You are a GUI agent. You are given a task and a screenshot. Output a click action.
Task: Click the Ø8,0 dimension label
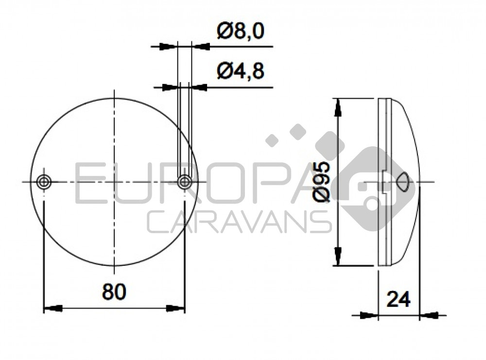tap(241, 32)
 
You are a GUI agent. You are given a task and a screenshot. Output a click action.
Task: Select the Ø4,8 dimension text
tap(241, 71)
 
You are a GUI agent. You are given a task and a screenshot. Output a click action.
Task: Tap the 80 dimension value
tap(114, 292)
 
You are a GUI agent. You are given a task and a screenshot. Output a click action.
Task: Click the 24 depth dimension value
tap(399, 299)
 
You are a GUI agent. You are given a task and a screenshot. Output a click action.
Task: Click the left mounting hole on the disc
tap(44, 182)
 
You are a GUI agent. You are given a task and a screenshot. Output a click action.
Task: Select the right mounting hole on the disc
tap(185, 182)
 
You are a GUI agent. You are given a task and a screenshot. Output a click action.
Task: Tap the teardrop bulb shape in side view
tap(403, 182)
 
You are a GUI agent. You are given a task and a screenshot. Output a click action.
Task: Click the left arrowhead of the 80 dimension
tap(52, 309)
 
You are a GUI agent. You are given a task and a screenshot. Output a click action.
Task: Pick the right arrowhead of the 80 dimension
tap(175, 309)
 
